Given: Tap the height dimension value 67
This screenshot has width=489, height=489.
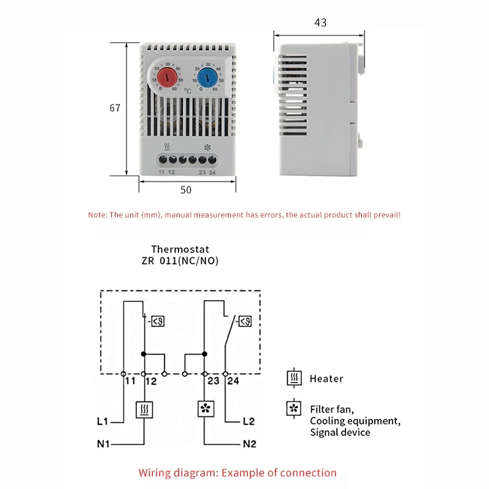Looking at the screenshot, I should coord(115,108).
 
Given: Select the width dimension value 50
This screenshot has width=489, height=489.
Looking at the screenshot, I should coord(186,190).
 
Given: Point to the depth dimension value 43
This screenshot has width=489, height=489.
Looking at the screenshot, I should coord(320,23).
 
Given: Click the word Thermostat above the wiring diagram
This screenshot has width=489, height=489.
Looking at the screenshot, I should coord(180,249).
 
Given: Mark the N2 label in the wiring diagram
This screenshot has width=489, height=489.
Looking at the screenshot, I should coord(249,444).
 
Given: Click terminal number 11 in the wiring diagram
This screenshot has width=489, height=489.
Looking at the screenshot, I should coord(130,381).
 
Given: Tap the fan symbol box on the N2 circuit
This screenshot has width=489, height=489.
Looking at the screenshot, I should coord(205,409).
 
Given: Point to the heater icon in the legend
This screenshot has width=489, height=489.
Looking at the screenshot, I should coord(295,378).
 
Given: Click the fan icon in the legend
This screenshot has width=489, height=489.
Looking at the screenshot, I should coord(295,408).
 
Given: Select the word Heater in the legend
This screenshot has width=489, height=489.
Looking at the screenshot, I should coord(326,379).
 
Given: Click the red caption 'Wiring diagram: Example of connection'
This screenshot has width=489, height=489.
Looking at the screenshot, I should coord(237,472).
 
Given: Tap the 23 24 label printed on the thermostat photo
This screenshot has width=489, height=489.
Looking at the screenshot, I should coord(207,172).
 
